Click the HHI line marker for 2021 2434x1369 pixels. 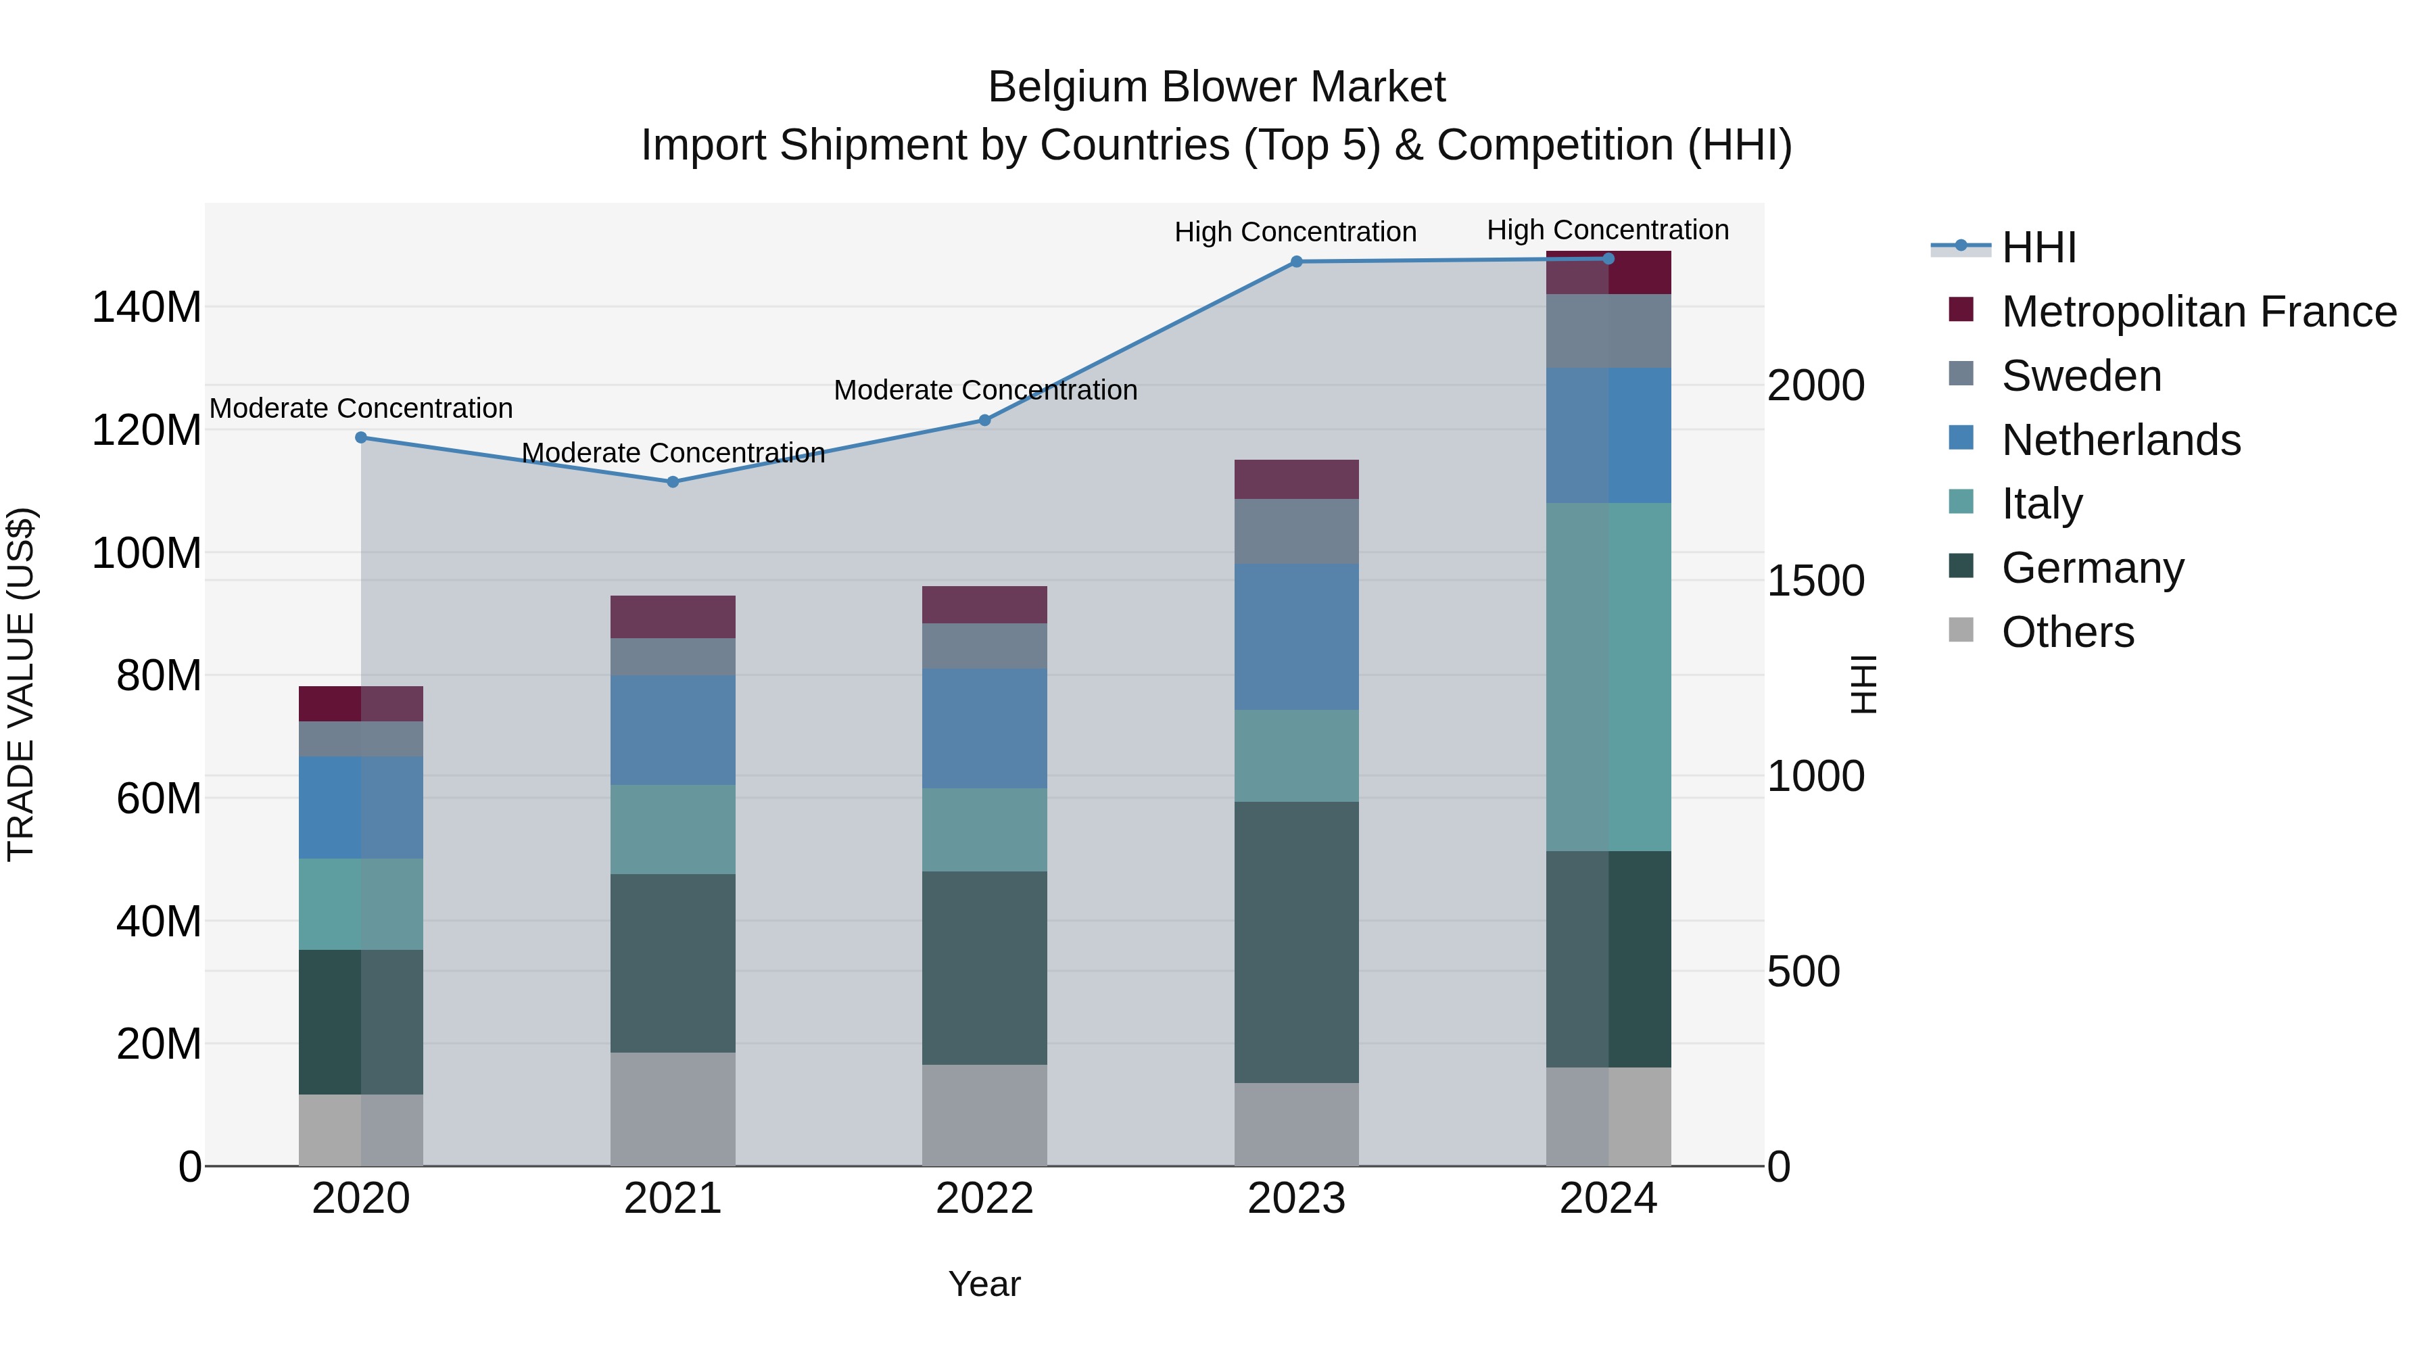pyautogui.click(x=673, y=482)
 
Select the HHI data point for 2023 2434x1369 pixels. pyautogui.click(x=1296, y=262)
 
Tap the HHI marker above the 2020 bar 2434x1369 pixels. pyautogui.click(x=361, y=437)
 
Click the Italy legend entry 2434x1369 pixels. pyautogui.click(x=2041, y=504)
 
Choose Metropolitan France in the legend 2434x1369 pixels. pyautogui.click(x=2198, y=312)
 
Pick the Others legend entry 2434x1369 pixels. pyautogui.click(x=2068, y=632)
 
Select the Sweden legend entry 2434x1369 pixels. pyautogui.click(x=2080, y=376)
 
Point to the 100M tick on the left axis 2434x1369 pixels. pyautogui.click(x=147, y=553)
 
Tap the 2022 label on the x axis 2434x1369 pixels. pyautogui.click(x=984, y=1199)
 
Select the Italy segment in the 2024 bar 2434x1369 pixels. pyautogui.click(x=1608, y=677)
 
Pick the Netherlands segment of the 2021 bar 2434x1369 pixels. pyautogui.click(x=673, y=729)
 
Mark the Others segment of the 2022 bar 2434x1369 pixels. pyautogui.click(x=984, y=1115)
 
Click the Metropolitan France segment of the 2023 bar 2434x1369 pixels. pyautogui.click(x=1296, y=479)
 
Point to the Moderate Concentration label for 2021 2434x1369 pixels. pyautogui.click(x=673, y=454)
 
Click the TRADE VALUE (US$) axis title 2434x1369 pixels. pyautogui.click(x=21, y=684)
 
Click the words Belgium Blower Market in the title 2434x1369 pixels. pyautogui.click(x=1216, y=87)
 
